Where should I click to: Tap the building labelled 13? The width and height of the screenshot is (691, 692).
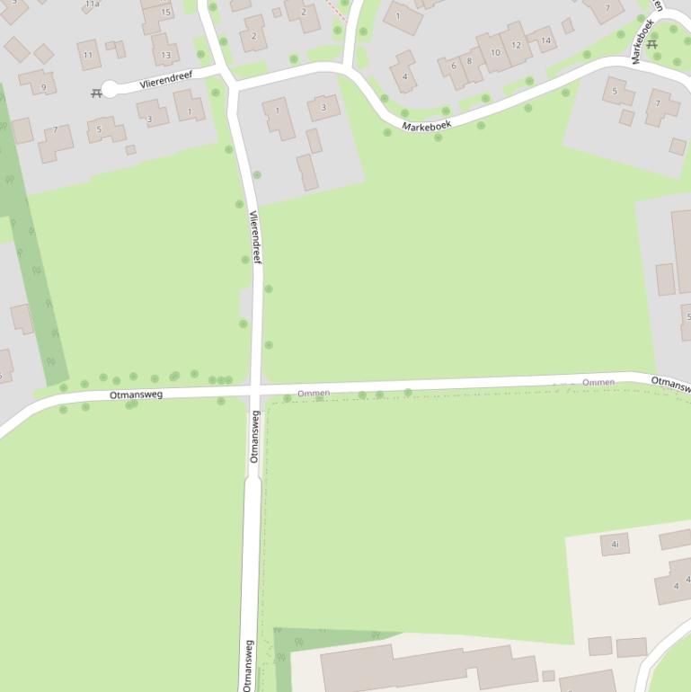point(165,53)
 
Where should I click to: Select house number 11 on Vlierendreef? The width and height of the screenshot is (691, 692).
point(88,55)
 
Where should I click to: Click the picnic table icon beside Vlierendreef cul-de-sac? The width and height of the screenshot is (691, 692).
point(96,93)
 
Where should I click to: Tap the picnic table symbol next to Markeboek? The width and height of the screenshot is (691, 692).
point(652,44)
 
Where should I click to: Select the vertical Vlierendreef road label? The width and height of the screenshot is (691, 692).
point(255,236)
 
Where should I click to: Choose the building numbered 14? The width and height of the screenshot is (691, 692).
point(544,40)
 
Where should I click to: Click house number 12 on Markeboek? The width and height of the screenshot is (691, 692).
point(515,45)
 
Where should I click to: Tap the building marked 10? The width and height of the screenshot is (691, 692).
point(494,53)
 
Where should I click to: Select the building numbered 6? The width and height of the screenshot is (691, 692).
point(452,67)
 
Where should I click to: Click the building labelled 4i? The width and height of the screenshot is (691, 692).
point(616,544)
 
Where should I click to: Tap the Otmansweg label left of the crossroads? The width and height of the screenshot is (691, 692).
point(136,395)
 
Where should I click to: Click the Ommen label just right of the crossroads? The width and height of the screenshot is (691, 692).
point(314,393)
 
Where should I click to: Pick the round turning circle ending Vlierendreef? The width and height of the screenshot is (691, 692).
point(111,88)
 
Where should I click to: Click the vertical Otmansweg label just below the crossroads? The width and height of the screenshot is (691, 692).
point(254,436)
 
